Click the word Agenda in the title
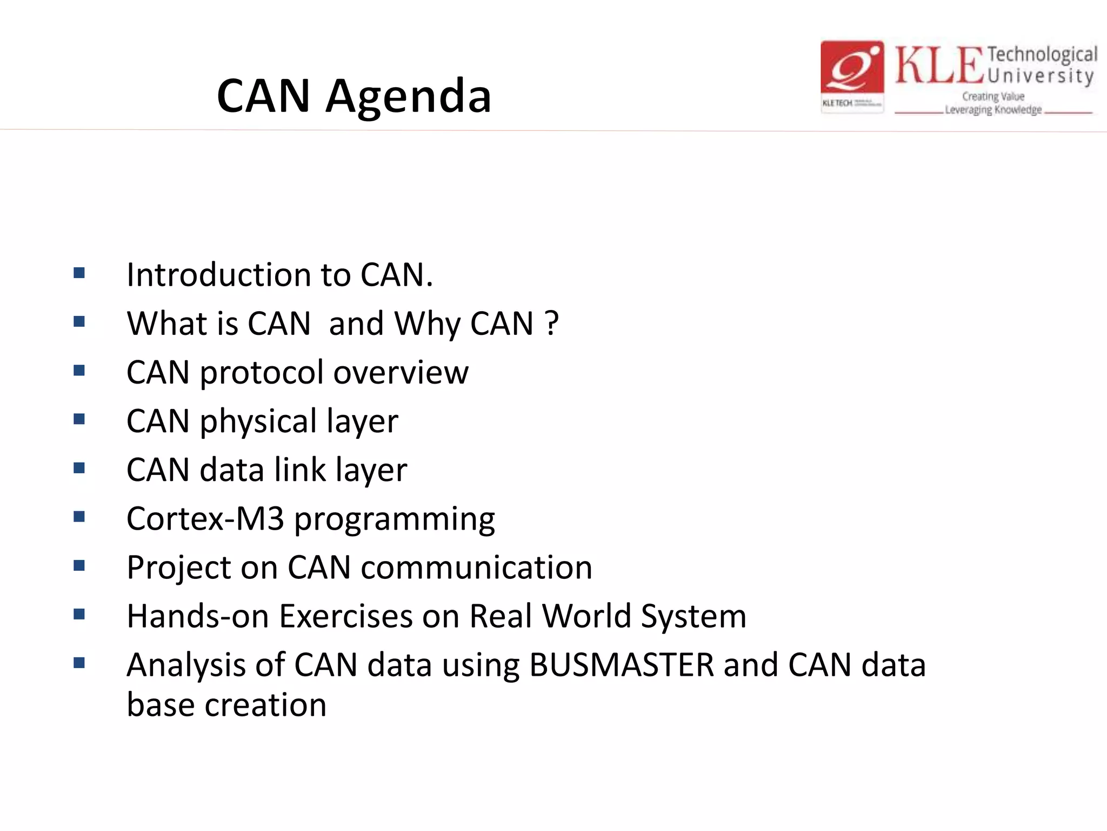point(408,96)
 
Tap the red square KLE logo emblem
point(852,76)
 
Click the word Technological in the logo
point(1042,55)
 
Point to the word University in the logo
point(1041,76)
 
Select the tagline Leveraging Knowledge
point(993,110)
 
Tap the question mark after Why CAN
point(552,324)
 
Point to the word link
point(300,470)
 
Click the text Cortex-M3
point(205,519)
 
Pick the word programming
point(394,520)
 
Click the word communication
point(476,568)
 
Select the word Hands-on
point(197,616)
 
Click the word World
point(586,616)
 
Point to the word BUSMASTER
point(622,665)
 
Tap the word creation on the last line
point(265,705)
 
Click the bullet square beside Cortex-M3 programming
point(79,517)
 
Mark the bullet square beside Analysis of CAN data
point(79,663)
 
